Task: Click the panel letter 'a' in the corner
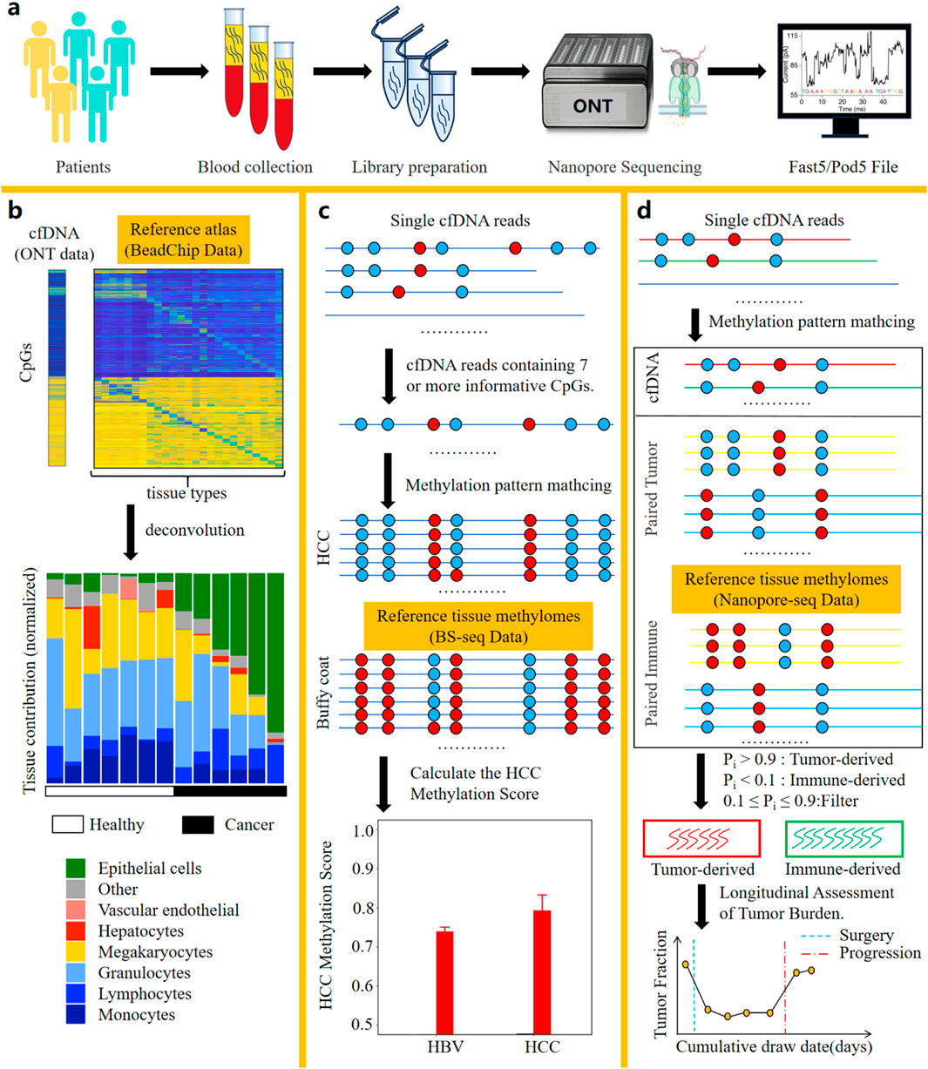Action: (15, 15)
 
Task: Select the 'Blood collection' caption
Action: (254, 166)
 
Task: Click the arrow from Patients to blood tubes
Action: (179, 72)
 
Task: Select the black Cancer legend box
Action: (198, 824)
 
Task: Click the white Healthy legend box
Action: (68, 824)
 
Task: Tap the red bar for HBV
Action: (444, 982)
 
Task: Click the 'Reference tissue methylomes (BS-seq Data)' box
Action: (478, 626)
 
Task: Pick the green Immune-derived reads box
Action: (843, 838)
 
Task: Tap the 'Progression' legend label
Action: (879, 953)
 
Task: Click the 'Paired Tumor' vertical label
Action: (652, 488)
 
